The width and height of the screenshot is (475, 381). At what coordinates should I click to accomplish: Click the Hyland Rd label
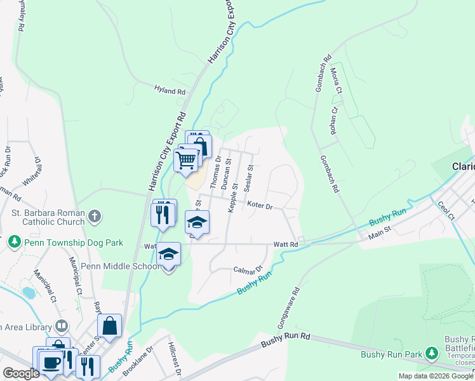[x=170, y=91]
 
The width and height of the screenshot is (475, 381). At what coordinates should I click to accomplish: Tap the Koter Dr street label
[x=259, y=206]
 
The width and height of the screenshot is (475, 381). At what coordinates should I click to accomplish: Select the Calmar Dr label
[x=248, y=271]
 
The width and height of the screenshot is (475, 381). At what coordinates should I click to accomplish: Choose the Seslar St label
[x=250, y=178]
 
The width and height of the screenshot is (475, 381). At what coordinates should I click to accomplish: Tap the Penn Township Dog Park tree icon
[x=13, y=241]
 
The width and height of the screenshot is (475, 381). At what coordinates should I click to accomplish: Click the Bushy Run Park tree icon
[x=432, y=352]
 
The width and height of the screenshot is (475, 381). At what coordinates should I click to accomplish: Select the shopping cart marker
[x=185, y=160]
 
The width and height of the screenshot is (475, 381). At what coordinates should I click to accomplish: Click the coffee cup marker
[x=51, y=362]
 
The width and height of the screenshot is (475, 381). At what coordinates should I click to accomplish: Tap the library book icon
[x=62, y=326]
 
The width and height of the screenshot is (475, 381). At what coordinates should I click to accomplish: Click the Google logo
[x=22, y=373]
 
